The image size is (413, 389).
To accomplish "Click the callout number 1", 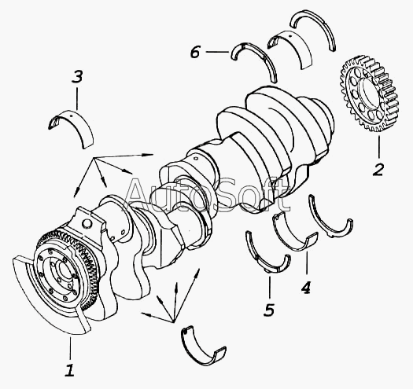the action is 69,370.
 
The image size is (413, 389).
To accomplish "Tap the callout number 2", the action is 378,170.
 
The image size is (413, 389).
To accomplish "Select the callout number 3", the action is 77,77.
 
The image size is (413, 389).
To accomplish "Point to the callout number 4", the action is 306,288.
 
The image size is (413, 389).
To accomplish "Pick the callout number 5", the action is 269,310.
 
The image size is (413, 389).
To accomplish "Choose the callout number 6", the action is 195,52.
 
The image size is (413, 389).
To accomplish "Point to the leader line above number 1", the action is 70,348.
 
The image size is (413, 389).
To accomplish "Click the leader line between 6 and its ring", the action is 217,52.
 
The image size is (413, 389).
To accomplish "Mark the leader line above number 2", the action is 379,147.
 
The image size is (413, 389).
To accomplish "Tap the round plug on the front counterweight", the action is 87,223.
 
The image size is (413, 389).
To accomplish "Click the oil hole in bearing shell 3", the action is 70,115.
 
